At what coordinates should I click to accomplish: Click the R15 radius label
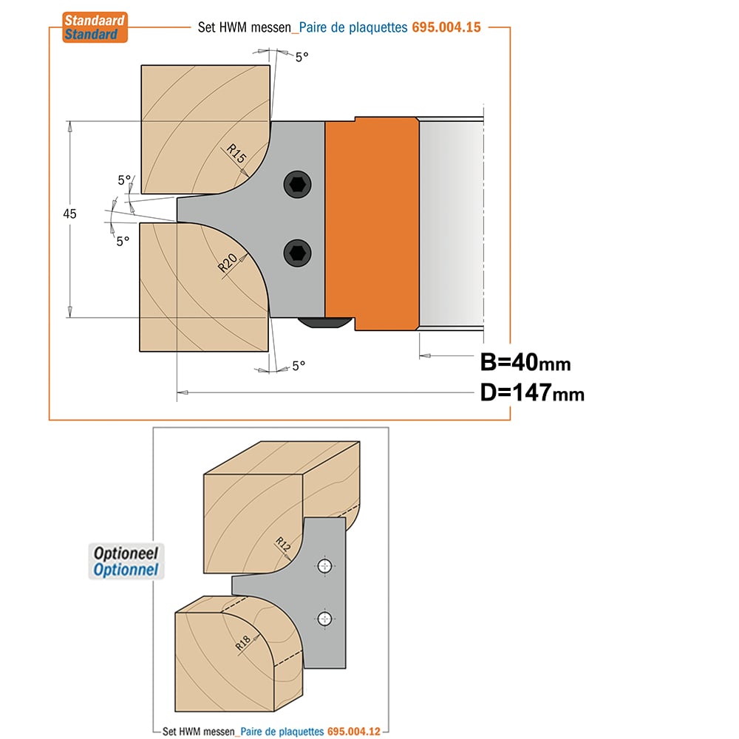236,153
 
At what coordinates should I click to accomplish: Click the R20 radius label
228,262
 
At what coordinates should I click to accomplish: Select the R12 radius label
283,544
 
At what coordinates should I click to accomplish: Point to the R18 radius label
242,643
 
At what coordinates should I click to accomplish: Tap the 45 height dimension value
69,214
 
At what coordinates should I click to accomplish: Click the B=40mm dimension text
525,362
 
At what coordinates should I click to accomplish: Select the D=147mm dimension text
532,392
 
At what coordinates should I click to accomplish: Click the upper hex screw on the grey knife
297,184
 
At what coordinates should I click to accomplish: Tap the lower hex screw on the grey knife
297,253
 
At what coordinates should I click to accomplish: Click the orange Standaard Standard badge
95,27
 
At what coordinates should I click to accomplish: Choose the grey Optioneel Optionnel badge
126,562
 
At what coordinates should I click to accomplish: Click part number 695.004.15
446,27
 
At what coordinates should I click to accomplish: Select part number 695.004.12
354,732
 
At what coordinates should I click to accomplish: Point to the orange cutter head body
372,224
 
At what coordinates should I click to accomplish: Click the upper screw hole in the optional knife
324,565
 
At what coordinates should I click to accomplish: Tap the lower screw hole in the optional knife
324,619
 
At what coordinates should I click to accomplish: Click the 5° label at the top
302,57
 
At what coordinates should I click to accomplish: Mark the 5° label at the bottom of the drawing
299,366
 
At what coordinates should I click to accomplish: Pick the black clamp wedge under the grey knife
325,323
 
